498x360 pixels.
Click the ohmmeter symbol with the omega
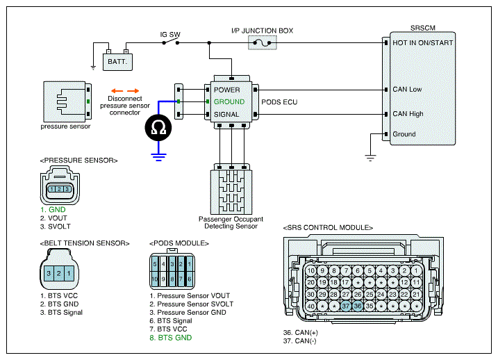pyautogui.click(x=158, y=128)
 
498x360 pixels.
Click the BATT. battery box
pyautogui.click(x=117, y=62)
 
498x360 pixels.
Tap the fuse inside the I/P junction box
pyautogui.click(x=263, y=42)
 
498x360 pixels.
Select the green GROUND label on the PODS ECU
pyautogui.click(x=229, y=101)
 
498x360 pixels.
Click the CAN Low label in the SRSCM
pyautogui.click(x=407, y=89)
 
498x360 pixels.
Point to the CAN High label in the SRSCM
pyautogui.click(x=408, y=114)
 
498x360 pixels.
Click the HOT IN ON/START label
pyautogui.click(x=423, y=42)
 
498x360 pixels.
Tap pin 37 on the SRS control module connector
pyautogui.click(x=346, y=306)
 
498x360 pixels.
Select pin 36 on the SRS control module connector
pyautogui.click(x=358, y=306)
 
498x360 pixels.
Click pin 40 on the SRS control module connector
pyautogui.click(x=310, y=306)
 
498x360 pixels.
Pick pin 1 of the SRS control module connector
pyautogui.click(x=416, y=271)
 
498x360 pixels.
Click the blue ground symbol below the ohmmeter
pyautogui.click(x=158, y=157)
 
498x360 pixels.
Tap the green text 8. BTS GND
pyautogui.click(x=171, y=338)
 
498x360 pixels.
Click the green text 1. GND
pyautogui.click(x=53, y=210)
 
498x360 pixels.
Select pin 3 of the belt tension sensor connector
pyautogui.click(x=49, y=273)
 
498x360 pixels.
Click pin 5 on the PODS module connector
pyautogui.click(x=155, y=263)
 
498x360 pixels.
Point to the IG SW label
pyautogui.click(x=170, y=34)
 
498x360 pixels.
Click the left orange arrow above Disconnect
pyautogui.click(x=117, y=91)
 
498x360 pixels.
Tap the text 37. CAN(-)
pyautogui.click(x=299, y=341)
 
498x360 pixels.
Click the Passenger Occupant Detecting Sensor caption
pyautogui.click(x=231, y=222)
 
